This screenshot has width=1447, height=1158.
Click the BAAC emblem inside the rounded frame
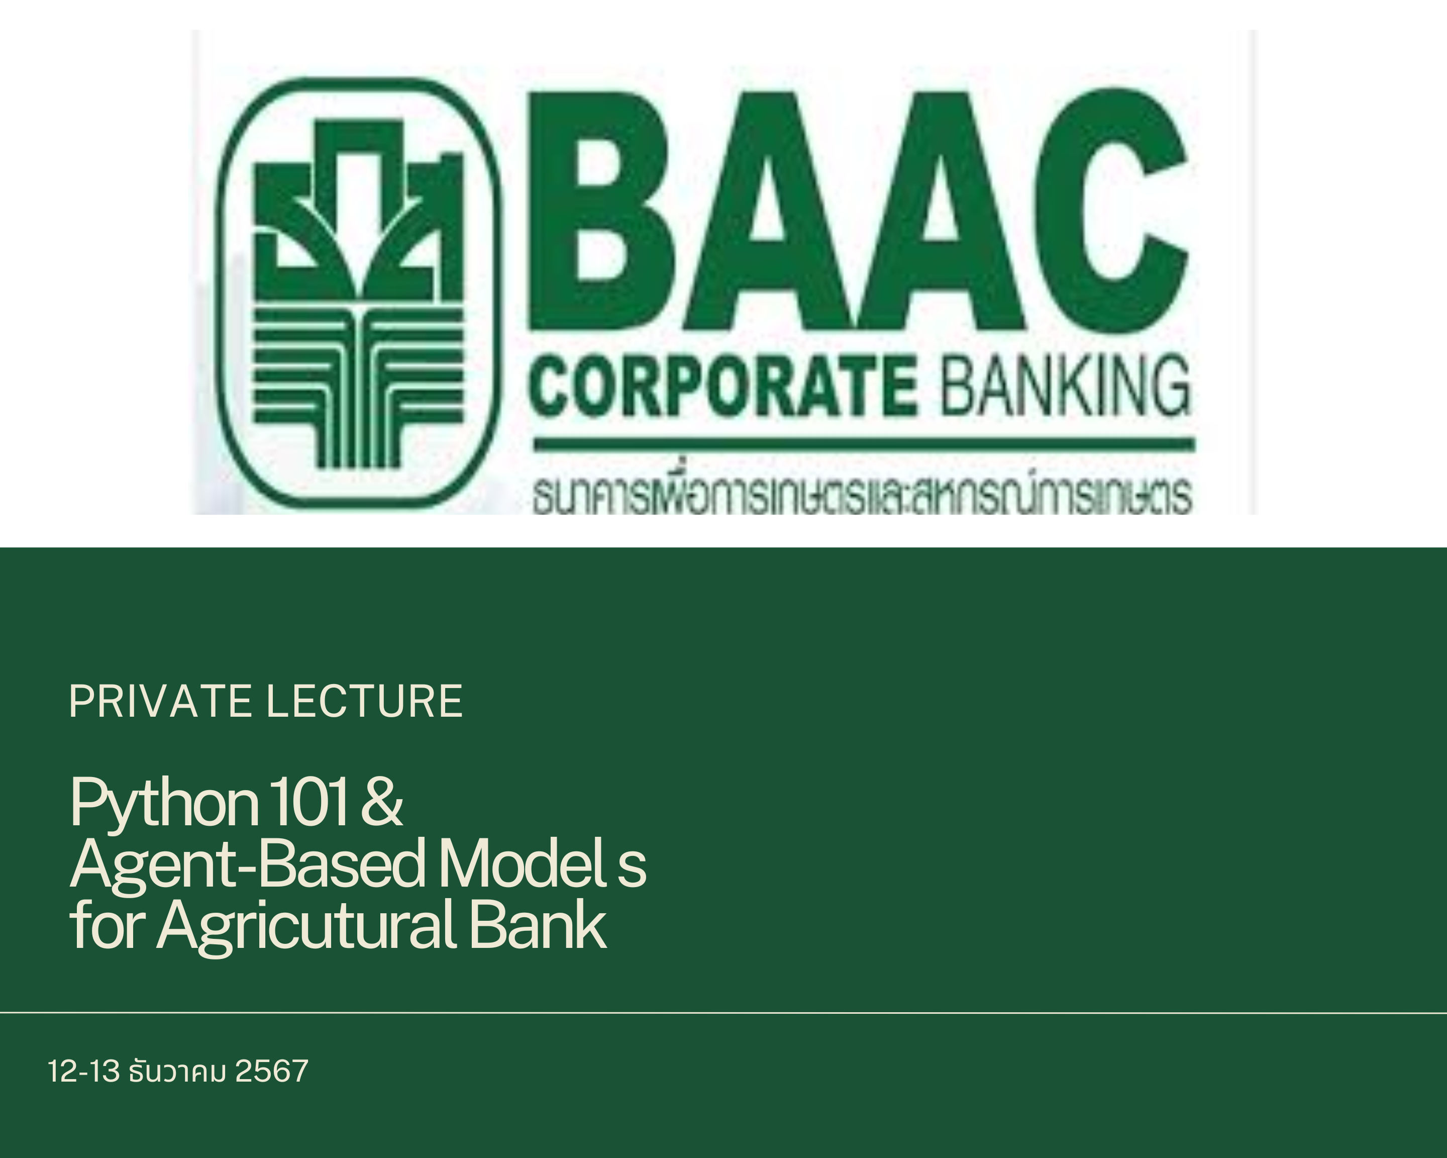click(x=358, y=294)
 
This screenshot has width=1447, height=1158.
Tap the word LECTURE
click(x=364, y=702)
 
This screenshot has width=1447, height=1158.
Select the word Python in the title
click(x=164, y=804)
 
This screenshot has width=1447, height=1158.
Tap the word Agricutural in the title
click(x=307, y=927)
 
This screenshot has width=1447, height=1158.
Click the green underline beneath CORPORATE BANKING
click(x=864, y=444)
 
